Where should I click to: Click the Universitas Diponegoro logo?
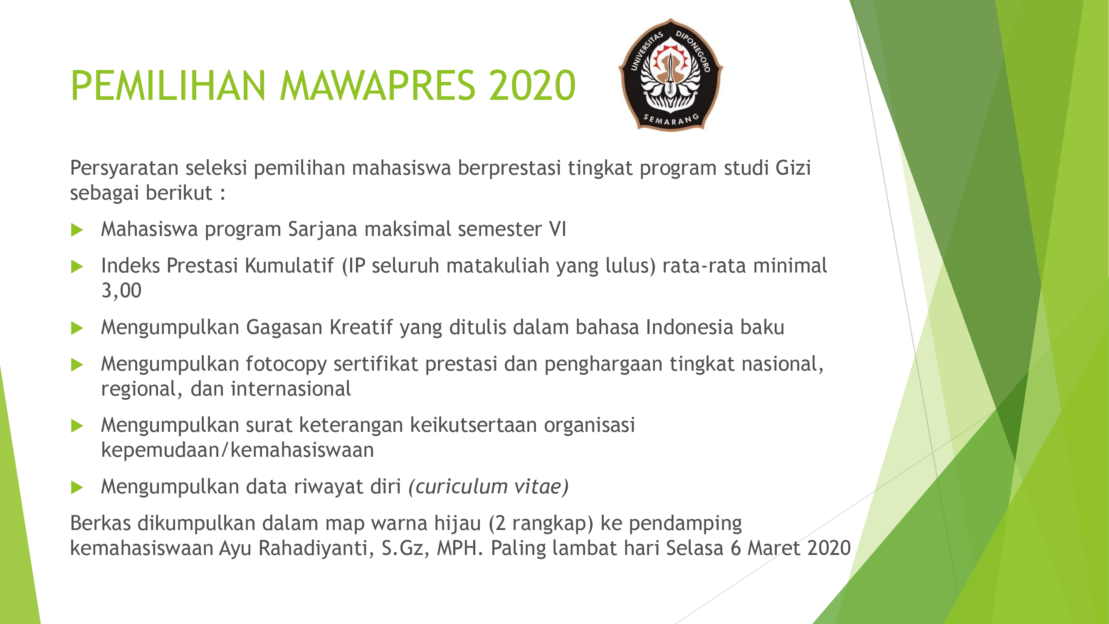670,74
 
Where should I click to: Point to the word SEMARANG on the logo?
671,120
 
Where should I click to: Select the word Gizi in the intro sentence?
793,168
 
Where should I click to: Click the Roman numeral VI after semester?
558,229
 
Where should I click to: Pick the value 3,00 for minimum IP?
121,291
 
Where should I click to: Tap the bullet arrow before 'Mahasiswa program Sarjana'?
77,230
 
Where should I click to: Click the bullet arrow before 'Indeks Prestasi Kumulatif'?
77,266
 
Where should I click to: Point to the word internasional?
291,389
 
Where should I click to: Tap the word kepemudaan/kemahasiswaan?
237,450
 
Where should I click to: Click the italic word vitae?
541,487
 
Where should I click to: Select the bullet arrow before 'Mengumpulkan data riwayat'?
77,488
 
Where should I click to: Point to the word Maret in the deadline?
773,548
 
